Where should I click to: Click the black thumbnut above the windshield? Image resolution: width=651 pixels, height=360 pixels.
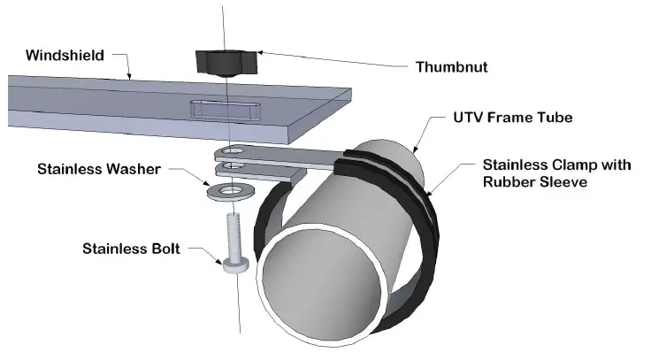pos(226,63)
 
